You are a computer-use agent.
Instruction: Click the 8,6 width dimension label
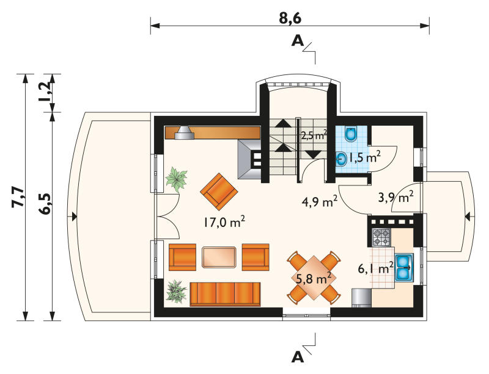[x=290, y=18]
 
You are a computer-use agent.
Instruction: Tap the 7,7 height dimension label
[x=18, y=197]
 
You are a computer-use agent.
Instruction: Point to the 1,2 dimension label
[x=45, y=92]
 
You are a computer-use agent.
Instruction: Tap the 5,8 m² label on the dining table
[x=315, y=278]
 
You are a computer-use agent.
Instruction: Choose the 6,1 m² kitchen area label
[x=375, y=267]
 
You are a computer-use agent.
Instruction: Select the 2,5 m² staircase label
[x=314, y=135]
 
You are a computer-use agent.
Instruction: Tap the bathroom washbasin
[x=342, y=159]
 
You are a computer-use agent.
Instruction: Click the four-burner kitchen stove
[x=381, y=237]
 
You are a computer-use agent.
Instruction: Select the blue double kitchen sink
[x=405, y=267]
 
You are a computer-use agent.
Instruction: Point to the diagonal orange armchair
[x=219, y=191]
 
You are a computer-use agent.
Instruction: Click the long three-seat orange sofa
[x=225, y=295]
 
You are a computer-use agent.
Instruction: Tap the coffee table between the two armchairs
[x=219, y=257]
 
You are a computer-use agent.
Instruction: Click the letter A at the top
[x=298, y=41]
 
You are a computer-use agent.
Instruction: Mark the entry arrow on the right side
[x=467, y=216]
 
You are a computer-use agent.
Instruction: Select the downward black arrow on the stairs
[x=313, y=154]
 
